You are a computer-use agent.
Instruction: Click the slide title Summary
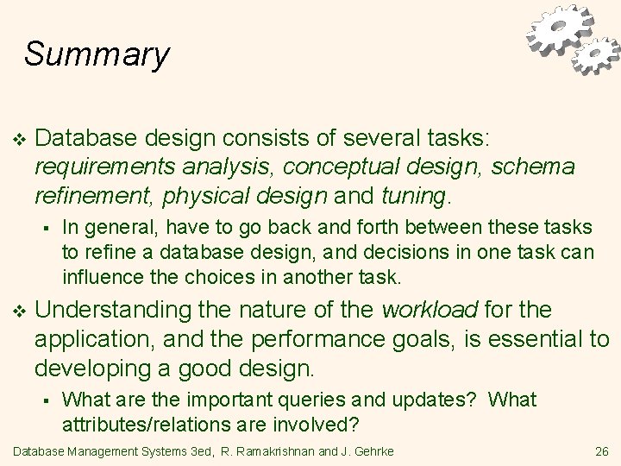97,54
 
